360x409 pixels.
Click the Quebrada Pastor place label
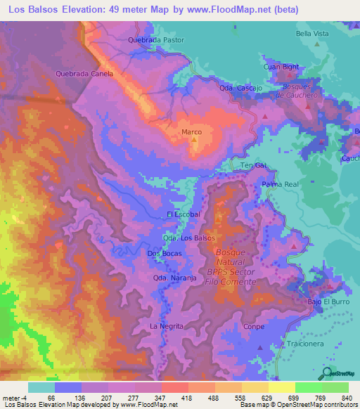[x=155, y=40]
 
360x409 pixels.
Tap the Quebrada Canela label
[x=85, y=72]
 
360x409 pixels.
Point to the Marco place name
[x=191, y=132]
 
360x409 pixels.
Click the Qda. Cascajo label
[x=240, y=88]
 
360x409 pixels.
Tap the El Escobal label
[x=184, y=214]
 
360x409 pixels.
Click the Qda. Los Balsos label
[x=188, y=238]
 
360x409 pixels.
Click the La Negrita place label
[x=167, y=327]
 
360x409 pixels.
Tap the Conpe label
[x=252, y=327]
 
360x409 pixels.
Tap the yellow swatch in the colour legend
[x=281, y=387]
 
